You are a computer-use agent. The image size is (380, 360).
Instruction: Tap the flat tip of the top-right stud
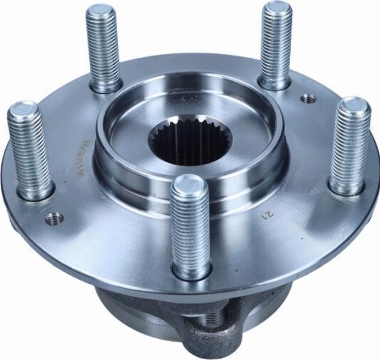[x=277, y=10]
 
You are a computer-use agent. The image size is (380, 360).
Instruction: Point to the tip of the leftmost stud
[x=23, y=110]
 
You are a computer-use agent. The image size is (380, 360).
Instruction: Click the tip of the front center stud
[x=189, y=185]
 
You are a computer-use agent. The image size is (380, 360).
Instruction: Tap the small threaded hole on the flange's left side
[x=55, y=218]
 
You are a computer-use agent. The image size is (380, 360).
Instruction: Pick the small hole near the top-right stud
[x=308, y=98]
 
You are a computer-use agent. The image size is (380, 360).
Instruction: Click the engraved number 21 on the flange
[x=266, y=216]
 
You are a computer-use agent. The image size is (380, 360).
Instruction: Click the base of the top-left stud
[x=106, y=86]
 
